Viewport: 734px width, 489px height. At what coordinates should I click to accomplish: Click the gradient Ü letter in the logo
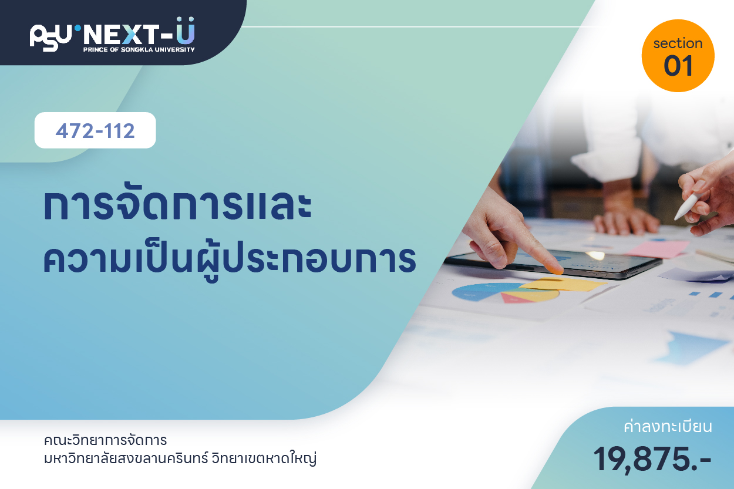(x=186, y=31)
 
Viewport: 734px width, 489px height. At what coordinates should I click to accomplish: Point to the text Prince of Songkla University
(x=139, y=49)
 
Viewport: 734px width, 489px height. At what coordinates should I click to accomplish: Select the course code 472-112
(x=95, y=131)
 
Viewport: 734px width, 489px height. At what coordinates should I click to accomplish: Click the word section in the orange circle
(x=678, y=43)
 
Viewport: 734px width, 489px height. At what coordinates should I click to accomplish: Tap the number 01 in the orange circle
(x=678, y=66)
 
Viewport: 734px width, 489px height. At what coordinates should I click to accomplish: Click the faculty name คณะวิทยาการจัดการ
(x=105, y=440)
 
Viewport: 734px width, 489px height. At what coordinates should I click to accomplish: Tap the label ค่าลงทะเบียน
(x=668, y=427)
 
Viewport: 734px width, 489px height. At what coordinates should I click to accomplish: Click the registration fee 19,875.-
(x=652, y=459)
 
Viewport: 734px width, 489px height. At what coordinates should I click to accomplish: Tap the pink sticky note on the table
(x=658, y=249)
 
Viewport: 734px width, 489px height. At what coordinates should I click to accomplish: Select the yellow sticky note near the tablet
(x=563, y=284)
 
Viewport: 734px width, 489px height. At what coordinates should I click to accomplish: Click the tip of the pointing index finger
(x=557, y=271)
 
